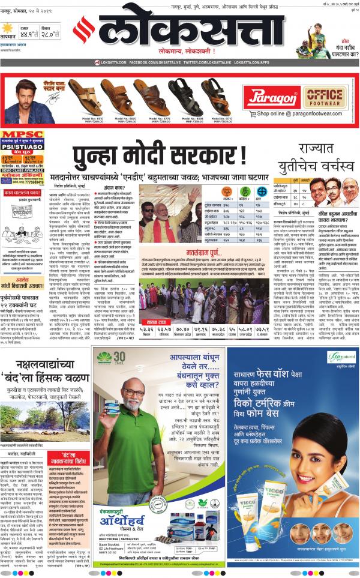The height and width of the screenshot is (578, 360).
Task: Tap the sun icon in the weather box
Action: tap(8, 28)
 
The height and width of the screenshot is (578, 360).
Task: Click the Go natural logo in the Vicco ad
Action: tap(342, 358)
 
